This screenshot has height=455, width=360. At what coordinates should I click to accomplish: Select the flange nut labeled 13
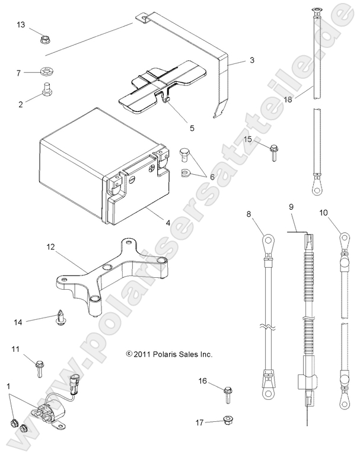44,40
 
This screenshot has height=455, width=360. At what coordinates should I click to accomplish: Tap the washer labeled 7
45,73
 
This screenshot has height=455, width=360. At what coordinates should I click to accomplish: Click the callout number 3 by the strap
251,60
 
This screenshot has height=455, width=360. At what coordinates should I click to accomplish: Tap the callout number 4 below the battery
168,223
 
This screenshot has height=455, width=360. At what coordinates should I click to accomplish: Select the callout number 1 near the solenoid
8,386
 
